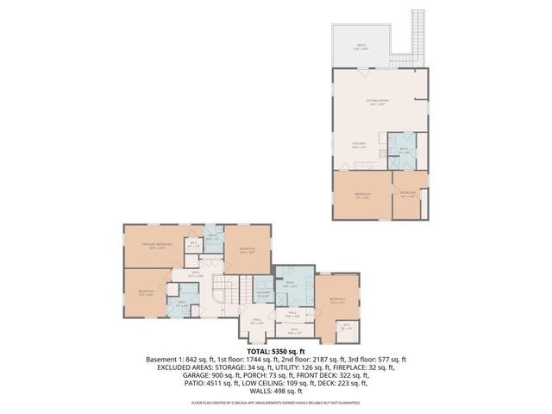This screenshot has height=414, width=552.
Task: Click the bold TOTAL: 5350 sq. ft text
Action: click(x=275, y=351)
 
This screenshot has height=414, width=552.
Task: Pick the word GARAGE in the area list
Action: click(x=197, y=375)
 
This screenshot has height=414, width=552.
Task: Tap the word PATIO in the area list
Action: click(x=192, y=383)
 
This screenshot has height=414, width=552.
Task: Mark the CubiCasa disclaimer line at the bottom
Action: click(x=275, y=403)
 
